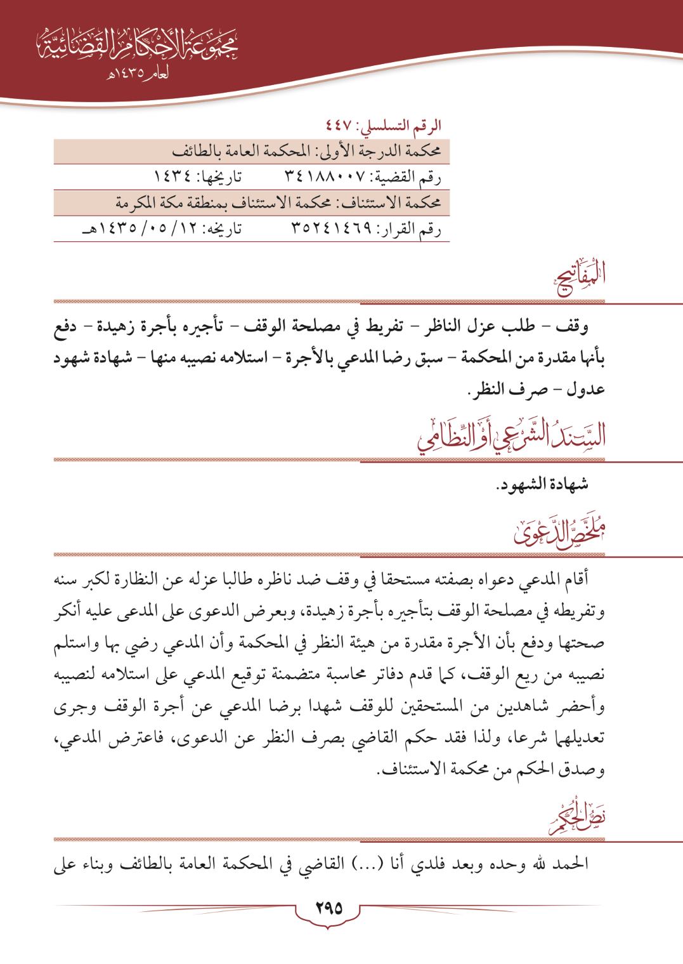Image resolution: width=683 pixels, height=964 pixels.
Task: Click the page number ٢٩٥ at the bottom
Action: (328, 908)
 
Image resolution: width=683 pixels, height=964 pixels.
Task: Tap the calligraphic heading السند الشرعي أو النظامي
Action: (511, 435)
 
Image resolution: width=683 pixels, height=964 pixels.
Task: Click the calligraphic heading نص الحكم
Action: (577, 818)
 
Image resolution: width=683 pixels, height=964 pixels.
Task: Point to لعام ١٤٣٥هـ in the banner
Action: (138, 74)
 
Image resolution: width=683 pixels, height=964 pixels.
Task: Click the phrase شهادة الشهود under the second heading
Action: (543, 484)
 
